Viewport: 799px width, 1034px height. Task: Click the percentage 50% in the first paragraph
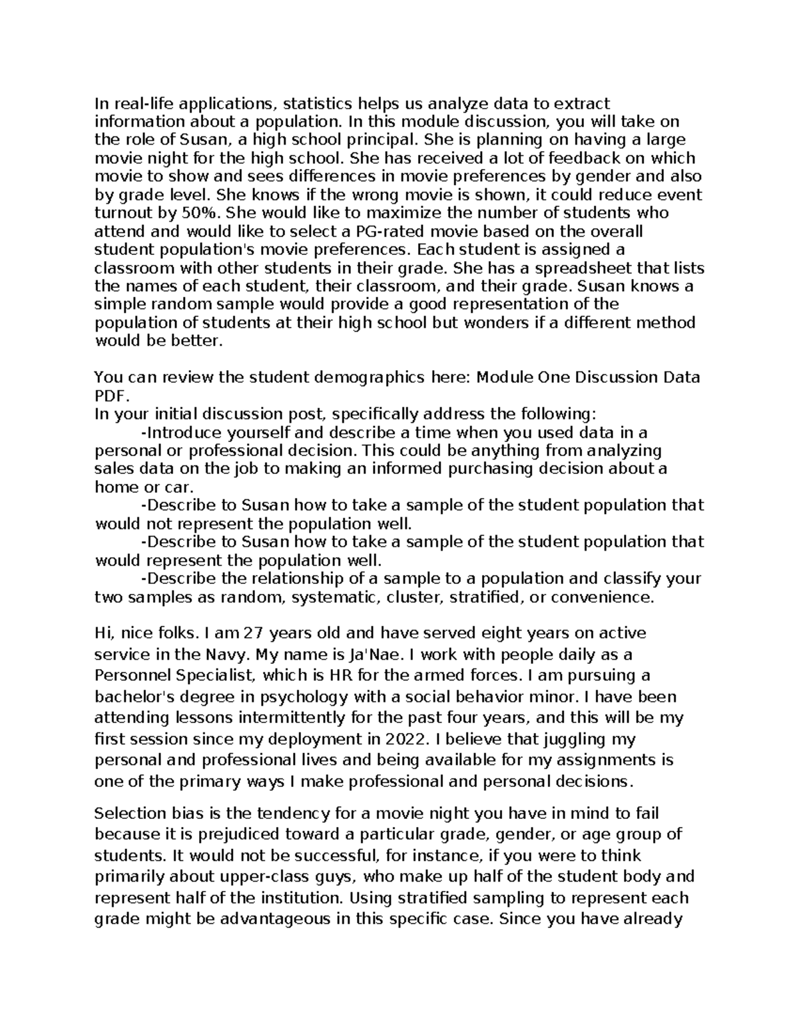pyautogui.click(x=202, y=213)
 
